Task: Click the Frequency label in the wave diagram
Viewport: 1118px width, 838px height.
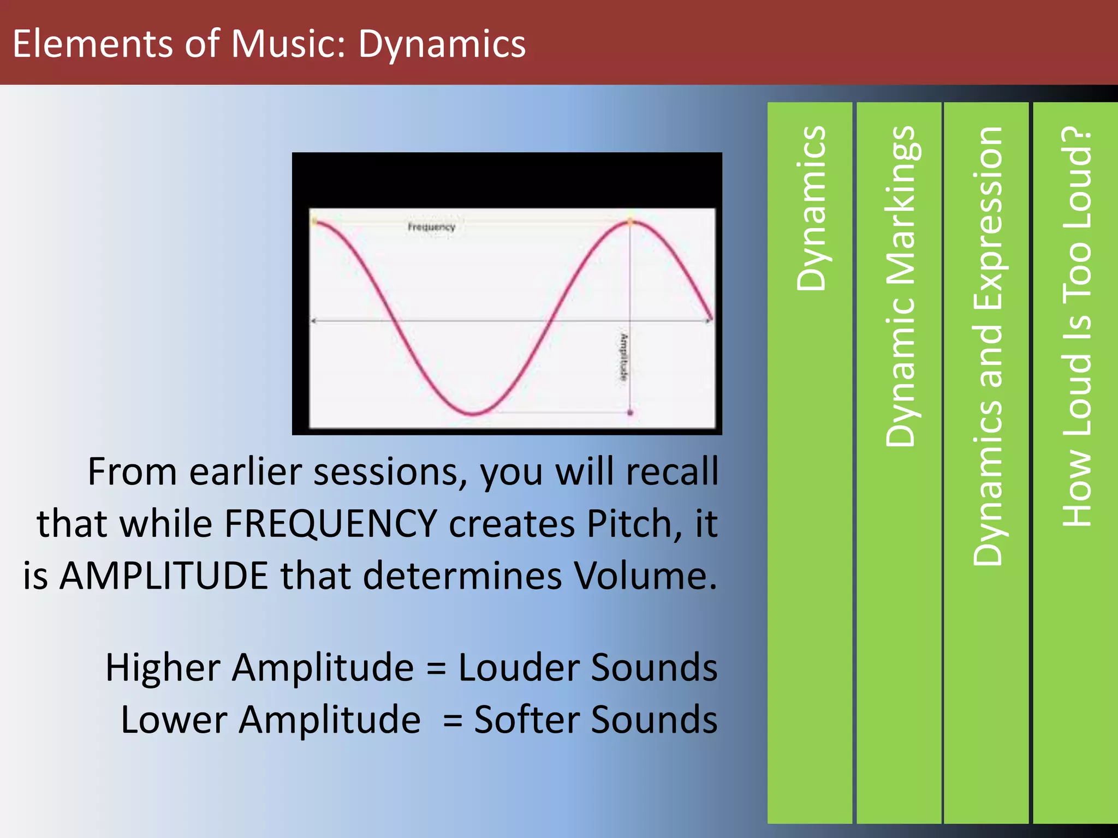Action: click(431, 227)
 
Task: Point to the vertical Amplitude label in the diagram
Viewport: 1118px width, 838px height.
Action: click(623, 357)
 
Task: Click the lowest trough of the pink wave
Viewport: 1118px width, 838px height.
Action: click(473, 414)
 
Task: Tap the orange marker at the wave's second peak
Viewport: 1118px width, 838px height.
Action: click(631, 222)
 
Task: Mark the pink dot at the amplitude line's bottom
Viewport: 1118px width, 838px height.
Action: click(631, 413)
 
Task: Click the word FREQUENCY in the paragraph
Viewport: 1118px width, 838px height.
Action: click(331, 524)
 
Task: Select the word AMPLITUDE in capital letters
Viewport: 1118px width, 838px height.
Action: click(164, 576)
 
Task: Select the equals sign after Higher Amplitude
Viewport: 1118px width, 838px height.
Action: click(436, 669)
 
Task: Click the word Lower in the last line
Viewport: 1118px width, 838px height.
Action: click(174, 720)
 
